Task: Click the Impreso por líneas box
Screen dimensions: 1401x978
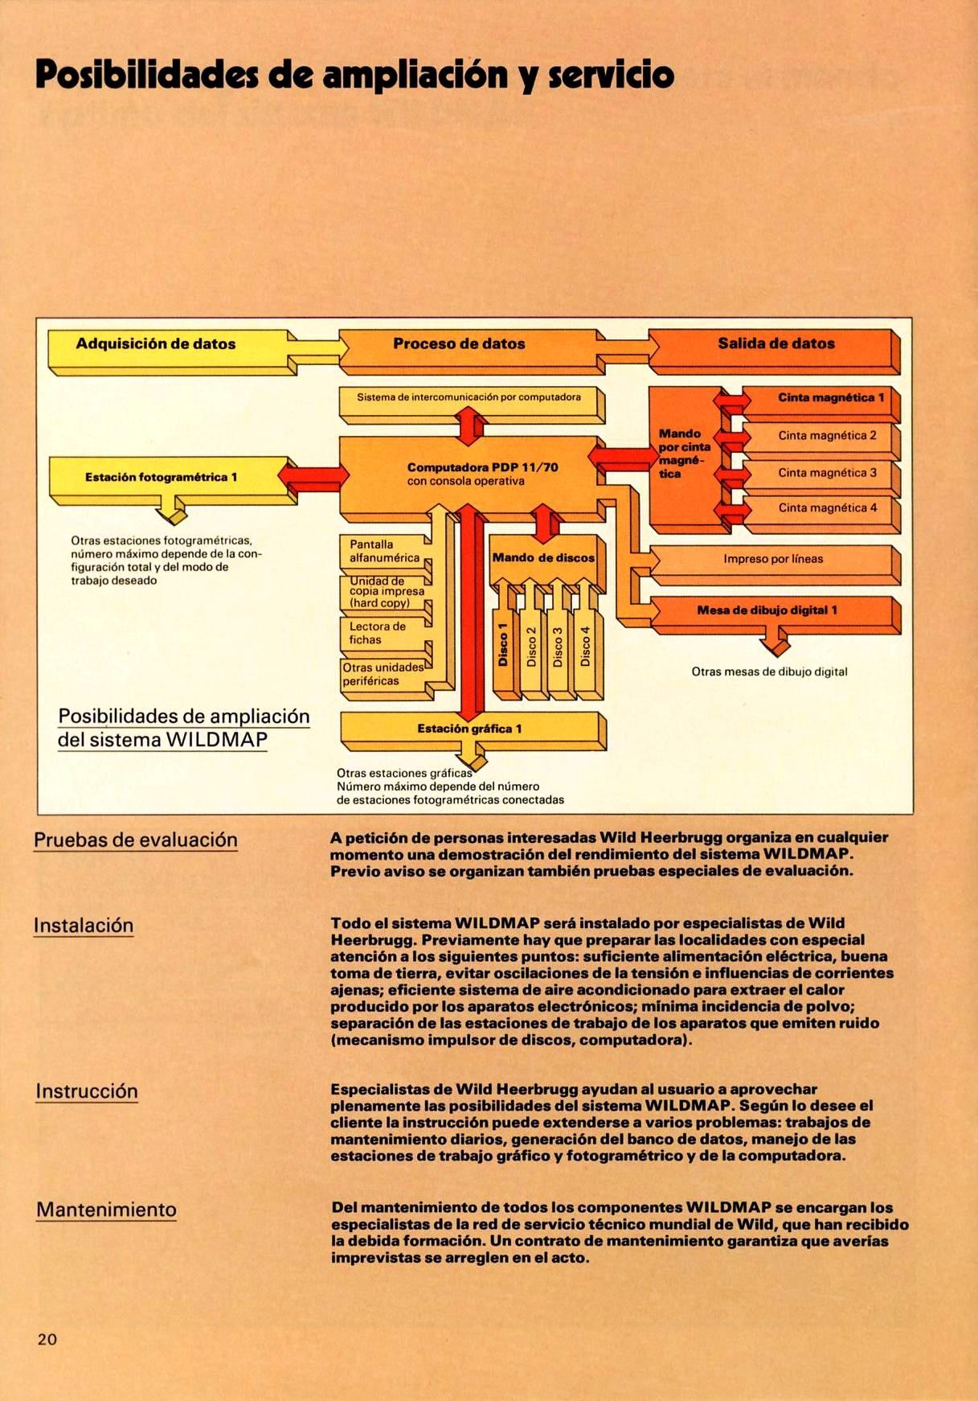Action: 772,559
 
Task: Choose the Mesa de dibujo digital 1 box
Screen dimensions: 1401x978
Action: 767,610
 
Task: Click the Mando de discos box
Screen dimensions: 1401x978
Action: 543,558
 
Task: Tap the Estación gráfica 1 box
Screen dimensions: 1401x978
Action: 469,729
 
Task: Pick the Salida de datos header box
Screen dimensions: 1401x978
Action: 775,343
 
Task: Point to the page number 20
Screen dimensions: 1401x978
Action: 47,1339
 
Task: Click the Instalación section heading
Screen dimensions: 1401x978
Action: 84,926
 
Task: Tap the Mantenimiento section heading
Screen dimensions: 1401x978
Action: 106,1210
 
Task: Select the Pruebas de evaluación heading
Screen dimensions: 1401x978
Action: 136,840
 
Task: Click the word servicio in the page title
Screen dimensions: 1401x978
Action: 611,76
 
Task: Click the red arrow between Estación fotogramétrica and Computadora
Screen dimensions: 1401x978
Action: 313,476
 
